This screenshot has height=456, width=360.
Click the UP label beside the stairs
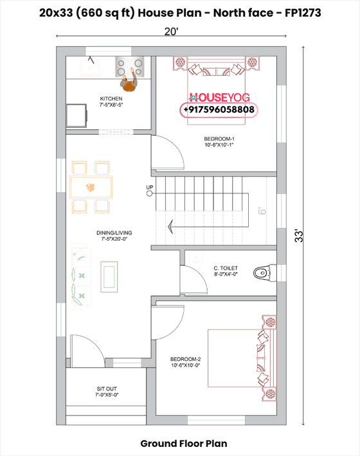(149, 188)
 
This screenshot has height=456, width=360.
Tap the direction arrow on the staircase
(171, 225)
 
